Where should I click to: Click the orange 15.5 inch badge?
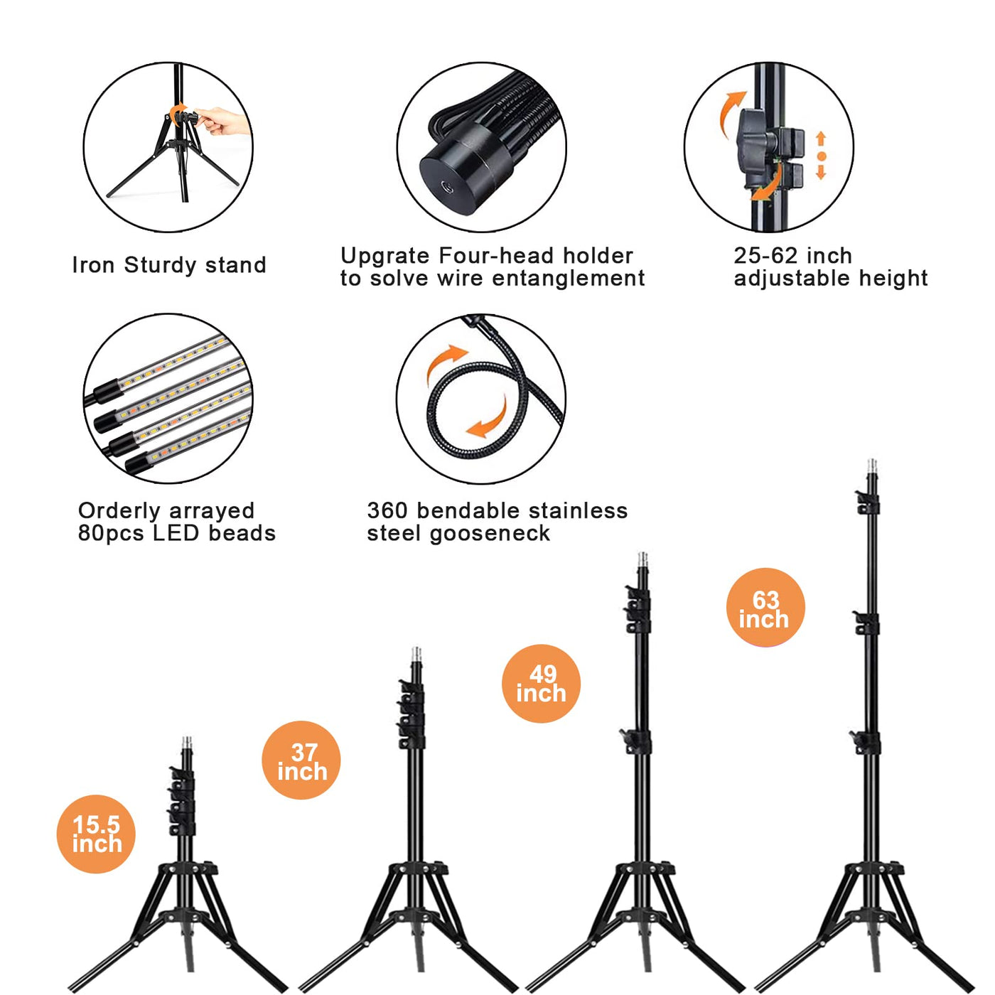click(x=96, y=834)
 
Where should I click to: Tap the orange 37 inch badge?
click(x=301, y=760)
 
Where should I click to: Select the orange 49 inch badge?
click(x=541, y=684)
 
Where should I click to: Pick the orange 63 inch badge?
click(x=765, y=607)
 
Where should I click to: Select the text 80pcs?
click(x=110, y=533)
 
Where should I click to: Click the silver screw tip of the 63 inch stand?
click(x=872, y=466)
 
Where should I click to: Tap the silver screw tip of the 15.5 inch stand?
click(x=187, y=744)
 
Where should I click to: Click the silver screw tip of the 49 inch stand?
click(x=643, y=560)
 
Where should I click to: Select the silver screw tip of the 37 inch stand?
click(x=416, y=655)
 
